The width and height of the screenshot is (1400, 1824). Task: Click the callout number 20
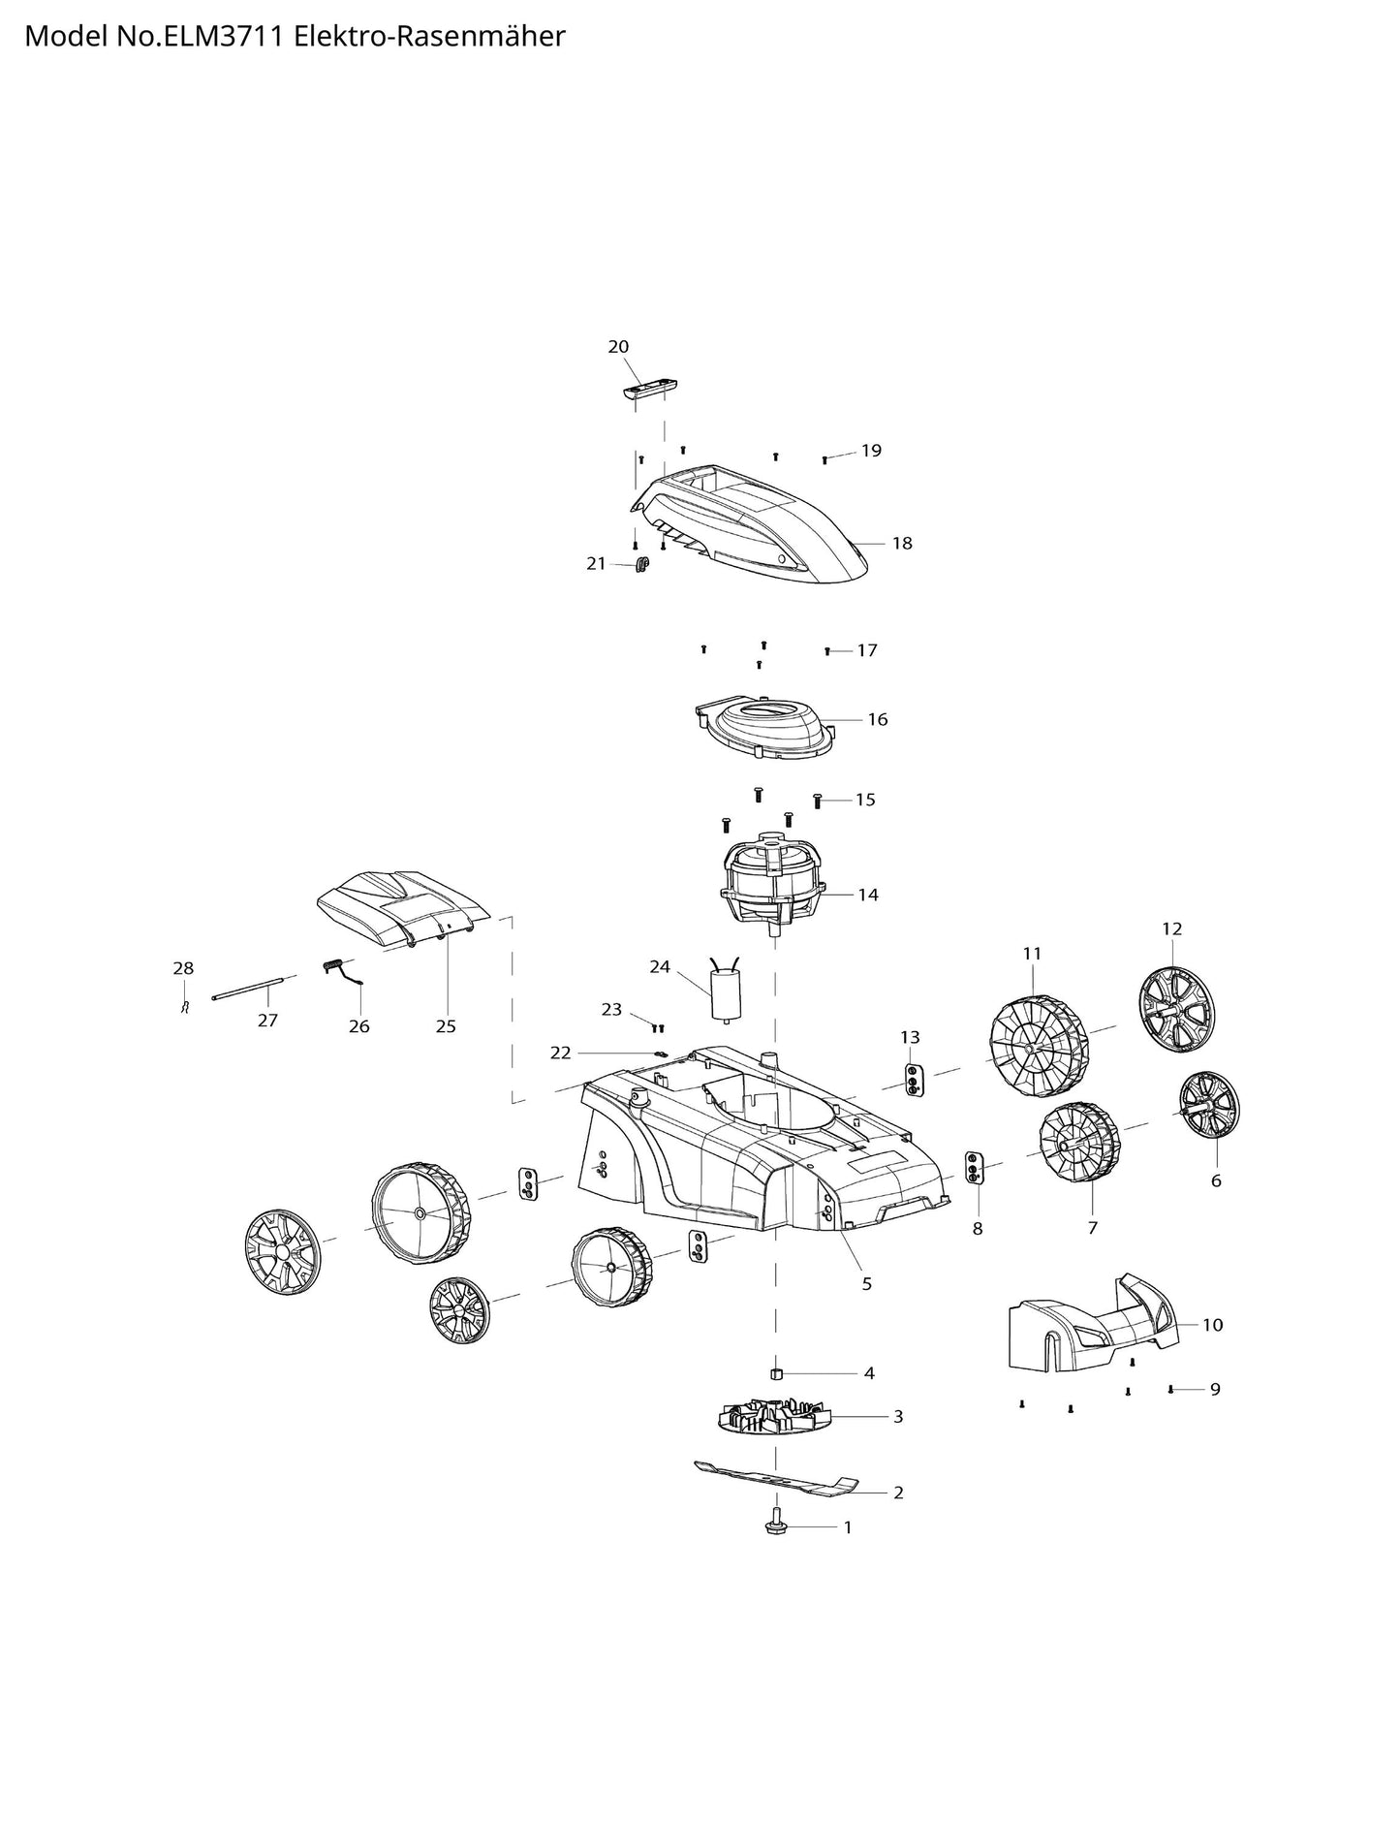[x=618, y=347]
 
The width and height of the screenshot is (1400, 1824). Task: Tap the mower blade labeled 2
[x=777, y=1479]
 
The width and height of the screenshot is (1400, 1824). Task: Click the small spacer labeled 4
[x=776, y=1372]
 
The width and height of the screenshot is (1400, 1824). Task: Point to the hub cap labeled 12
[x=1176, y=1008]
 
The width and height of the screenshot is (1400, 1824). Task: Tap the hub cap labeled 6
[x=1209, y=1106]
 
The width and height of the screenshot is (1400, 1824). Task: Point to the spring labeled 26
[x=342, y=972]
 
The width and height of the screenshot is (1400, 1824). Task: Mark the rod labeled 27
[x=250, y=986]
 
